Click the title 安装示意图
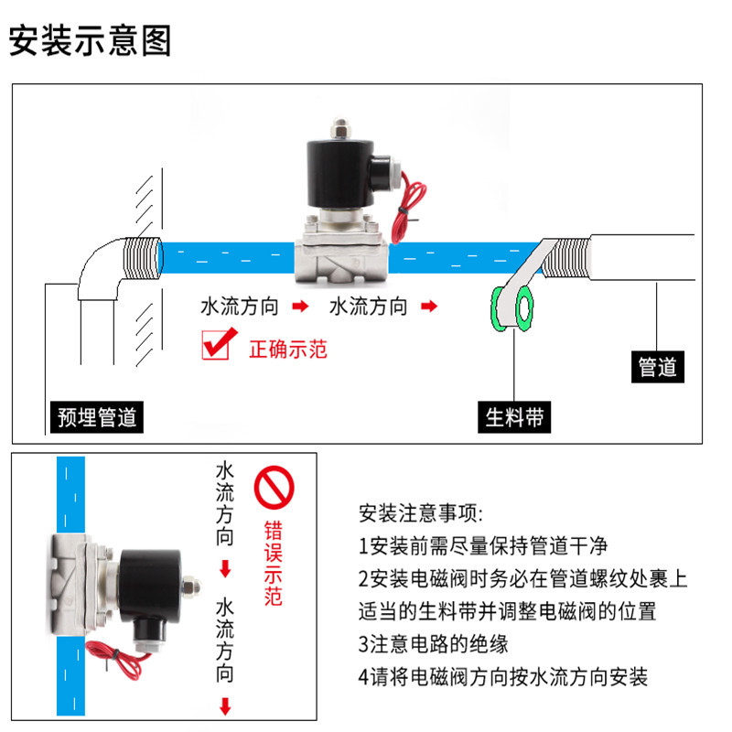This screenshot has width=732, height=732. tap(91, 41)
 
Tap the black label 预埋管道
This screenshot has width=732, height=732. tap(97, 418)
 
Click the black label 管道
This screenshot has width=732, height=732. tap(657, 367)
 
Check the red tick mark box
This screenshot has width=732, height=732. tap(216, 346)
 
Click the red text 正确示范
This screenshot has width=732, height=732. tap(288, 349)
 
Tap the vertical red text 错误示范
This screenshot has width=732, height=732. tap(273, 563)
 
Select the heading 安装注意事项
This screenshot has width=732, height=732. tap(420, 511)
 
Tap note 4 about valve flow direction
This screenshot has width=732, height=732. tap(502, 677)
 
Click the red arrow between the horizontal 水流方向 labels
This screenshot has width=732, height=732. tap(299, 307)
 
